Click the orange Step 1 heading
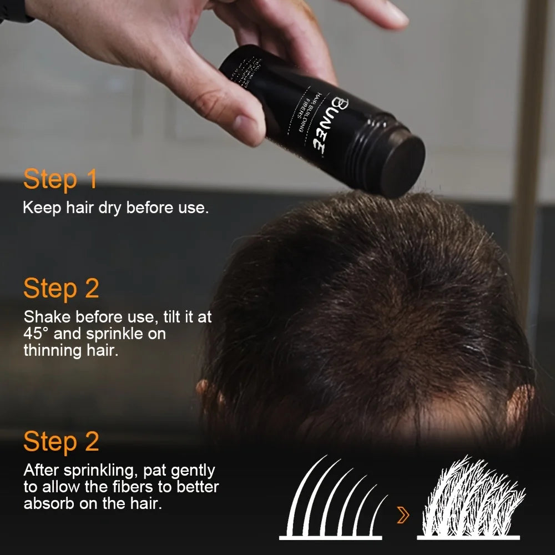point(60,179)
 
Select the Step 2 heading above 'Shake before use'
point(61,289)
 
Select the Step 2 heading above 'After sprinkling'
point(61,441)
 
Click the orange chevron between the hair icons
point(403,516)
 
